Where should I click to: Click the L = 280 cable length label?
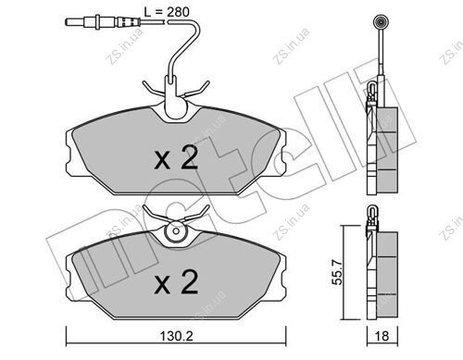tap(167, 12)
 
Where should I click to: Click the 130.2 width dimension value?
tap(176, 336)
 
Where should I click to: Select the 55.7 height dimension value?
tap(337, 272)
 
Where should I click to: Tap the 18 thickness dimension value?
tap(382, 336)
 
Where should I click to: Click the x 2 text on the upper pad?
tap(176, 157)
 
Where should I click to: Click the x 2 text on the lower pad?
tap(176, 281)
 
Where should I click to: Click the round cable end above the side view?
tap(381, 22)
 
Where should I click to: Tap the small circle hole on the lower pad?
tap(176, 230)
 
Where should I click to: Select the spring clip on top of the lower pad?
tap(176, 215)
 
